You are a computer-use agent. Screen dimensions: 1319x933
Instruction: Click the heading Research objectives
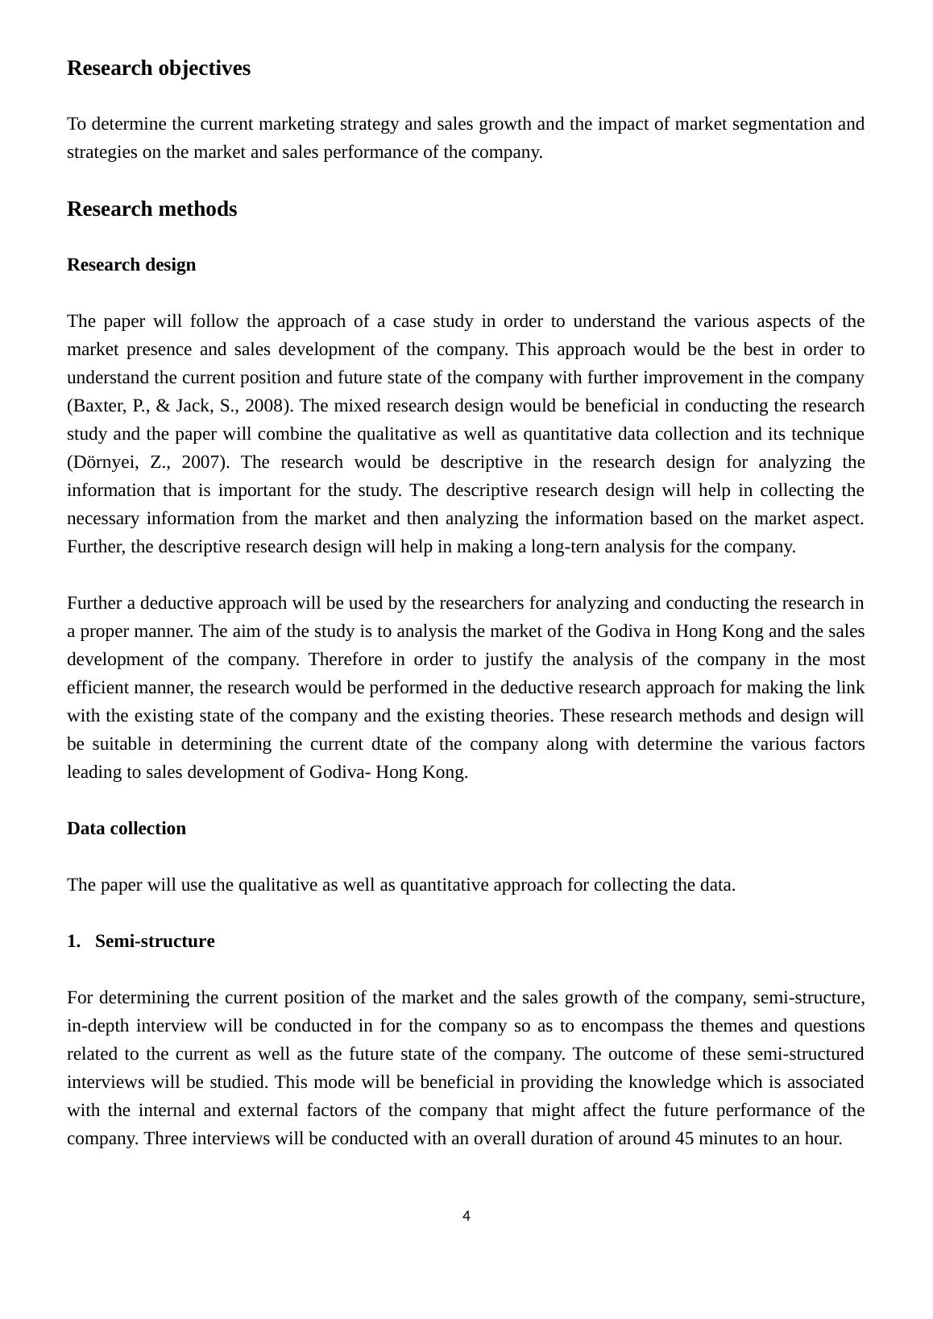159,68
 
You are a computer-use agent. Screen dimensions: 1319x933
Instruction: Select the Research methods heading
151,209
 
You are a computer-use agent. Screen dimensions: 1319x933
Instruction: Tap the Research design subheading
131,265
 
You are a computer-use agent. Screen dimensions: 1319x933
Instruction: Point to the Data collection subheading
126,829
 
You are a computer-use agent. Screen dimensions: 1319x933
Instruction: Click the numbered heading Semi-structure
155,941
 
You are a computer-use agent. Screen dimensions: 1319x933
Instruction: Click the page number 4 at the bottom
466,1216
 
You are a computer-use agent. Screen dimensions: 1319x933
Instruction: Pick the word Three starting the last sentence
167,1139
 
